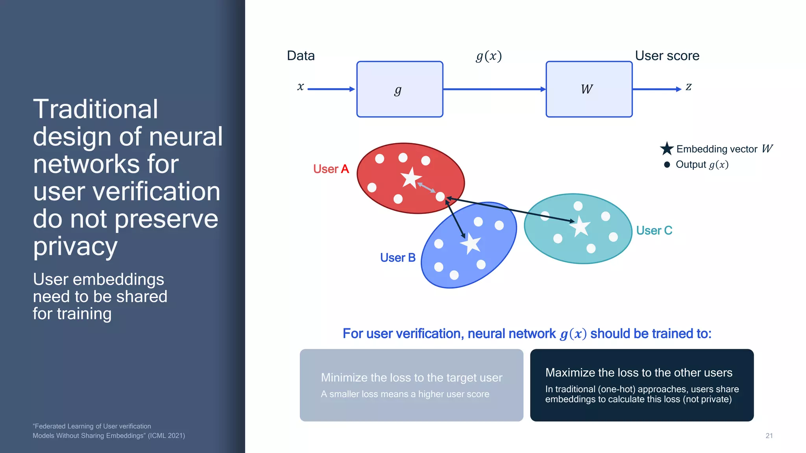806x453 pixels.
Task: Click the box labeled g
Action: pyautogui.click(x=399, y=89)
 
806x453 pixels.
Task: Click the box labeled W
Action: pyautogui.click(x=589, y=89)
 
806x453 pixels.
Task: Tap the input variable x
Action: pyautogui.click(x=301, y=87)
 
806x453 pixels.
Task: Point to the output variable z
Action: pyautogui.click(x=688, y=87)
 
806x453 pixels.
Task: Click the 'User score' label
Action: pyautogui.click(x=667, y=56)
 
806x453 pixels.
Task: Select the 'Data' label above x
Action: pyautogui.click(x=301, y=56)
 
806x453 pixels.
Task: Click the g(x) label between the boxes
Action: pyautogui.click(x=489, y=56)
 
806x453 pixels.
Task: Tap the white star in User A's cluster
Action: pyautogui.click(x=411, y=178)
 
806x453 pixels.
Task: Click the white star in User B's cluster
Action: pyautogui.click(x=471, y=244)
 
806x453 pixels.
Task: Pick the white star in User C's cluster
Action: pyautogui.click(x=580, y=226)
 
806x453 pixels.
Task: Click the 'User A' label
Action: pyautogui.click(x=331, y=169)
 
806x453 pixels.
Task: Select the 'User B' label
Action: pyautogui.click(x=397, y=258)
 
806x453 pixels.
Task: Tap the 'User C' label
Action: pyautogui.click(x=654, y=230)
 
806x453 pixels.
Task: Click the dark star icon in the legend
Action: pyautogui.click(x=667, y=149)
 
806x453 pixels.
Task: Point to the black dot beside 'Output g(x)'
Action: pyautogui.click(x=667, y=165)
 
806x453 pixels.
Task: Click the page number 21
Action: pyautogui.click(x=769, y=436)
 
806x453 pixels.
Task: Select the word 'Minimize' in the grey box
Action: pyautogui.click(x=344, y=377)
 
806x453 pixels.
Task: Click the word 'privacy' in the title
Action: pyautogui.click(x=75, y=247)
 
